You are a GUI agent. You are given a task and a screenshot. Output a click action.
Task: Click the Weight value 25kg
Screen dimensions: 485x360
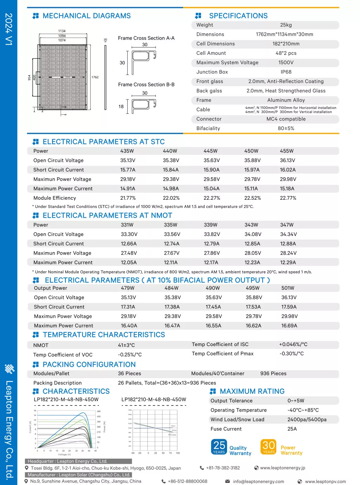point(286,25)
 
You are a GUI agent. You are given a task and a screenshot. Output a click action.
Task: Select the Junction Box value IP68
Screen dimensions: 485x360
point(286,72)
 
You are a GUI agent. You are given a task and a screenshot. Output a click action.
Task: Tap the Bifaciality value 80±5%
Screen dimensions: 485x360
point(286,128)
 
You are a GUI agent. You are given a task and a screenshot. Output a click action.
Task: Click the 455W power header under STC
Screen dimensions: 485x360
point(287,151)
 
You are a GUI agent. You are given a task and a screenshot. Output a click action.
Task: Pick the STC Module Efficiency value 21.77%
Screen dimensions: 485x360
point(128,198)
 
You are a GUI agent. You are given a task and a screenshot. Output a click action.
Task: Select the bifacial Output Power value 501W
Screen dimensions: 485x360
point(288,288)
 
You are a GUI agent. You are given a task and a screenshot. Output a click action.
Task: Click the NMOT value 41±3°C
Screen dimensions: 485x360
point(126,345)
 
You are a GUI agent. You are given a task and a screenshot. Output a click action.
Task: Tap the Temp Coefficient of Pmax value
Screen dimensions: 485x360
point(291,353)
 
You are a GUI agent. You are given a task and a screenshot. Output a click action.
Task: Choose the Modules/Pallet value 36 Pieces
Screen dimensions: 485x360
point(129,374)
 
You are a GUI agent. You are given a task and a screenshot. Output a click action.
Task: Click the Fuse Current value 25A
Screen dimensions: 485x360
point(292,429)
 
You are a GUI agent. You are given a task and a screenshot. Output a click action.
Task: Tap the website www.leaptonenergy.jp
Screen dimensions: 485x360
point(283,468)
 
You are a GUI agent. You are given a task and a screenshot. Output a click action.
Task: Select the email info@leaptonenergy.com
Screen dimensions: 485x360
point(258,481)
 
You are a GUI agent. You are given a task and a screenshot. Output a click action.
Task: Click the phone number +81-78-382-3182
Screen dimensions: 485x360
point(223,468)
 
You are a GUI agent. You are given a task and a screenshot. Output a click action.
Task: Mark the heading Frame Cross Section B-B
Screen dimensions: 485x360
point(146,85)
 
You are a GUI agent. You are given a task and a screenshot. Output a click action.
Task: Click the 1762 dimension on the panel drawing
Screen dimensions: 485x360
point(95,77)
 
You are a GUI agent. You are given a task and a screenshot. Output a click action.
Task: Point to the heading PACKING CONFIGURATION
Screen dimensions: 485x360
point(89,365)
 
